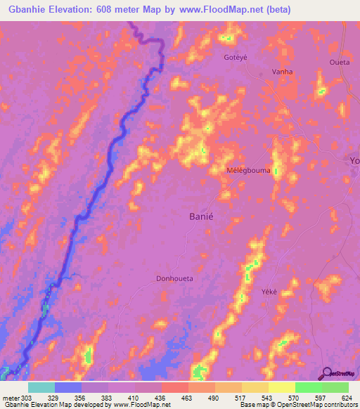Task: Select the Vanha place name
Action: [282, 72]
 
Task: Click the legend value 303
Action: [27, 398]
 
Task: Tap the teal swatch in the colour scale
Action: [41, 387]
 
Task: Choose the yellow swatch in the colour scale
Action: [281, 387]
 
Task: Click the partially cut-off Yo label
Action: [354, 162]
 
